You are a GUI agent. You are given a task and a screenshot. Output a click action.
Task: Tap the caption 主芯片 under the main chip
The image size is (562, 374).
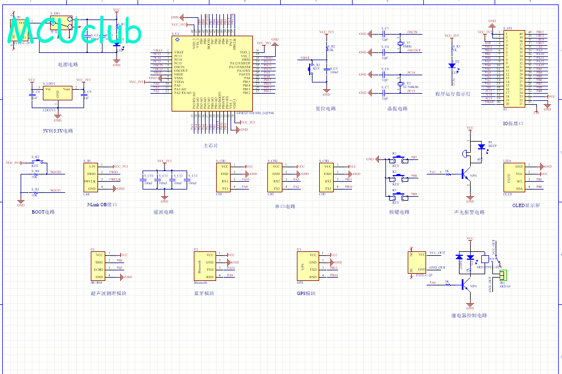[x=211, y=145]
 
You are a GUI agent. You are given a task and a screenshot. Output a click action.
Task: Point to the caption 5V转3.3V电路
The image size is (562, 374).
[x=58, y=131]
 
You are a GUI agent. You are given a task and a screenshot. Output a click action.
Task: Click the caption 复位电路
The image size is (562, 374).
[x=326, y=109]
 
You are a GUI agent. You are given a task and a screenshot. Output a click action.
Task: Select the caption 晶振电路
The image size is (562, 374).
[x=397, y=109]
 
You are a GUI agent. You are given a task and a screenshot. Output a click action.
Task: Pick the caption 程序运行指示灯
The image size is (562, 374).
[x=453, y=94]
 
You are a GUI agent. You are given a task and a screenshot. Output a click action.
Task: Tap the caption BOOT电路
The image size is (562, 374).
[x=43, y=212]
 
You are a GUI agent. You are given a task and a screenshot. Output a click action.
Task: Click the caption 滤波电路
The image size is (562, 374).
[x=163, y=212]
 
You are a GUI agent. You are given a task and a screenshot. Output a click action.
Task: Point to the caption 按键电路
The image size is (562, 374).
[x=399, y=212]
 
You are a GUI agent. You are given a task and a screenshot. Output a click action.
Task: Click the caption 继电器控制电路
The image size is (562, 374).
[x=469, y=315]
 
